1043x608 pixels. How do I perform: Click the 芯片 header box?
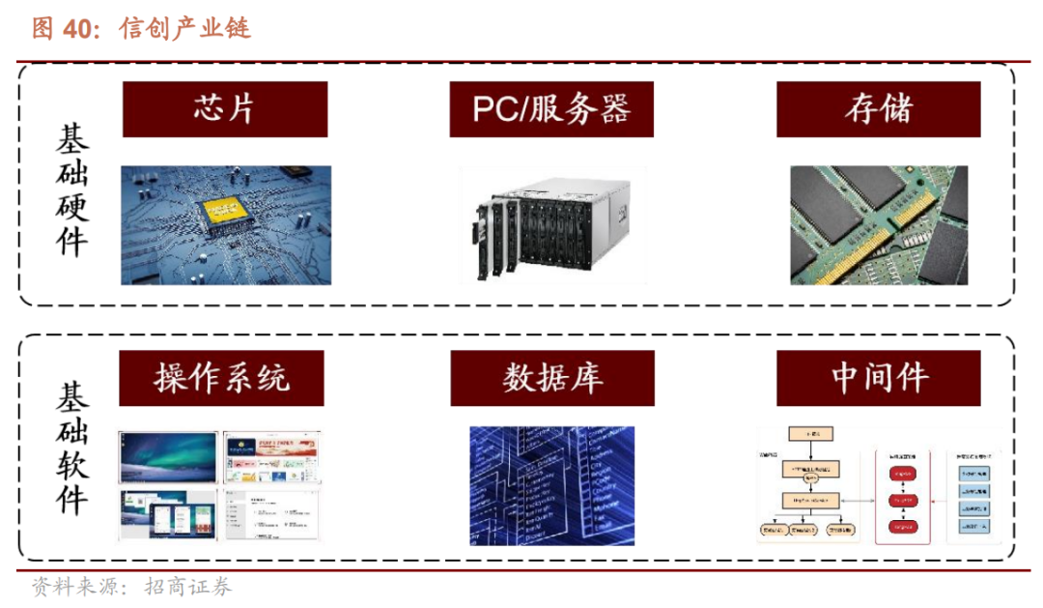click(224, 109)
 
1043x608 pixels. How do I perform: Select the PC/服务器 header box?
click(550, 109)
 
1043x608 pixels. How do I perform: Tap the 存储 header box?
click(878, 109)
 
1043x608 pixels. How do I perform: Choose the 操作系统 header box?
click(221, 377)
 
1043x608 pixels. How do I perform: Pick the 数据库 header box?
click(551, 377)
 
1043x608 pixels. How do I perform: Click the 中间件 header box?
click(878, 377)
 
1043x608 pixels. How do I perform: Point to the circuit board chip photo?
click(226, 225)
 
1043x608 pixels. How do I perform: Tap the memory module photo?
click(878, 225)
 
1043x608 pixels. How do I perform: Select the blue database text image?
click(551, 485)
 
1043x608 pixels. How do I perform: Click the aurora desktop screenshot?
click(168, 456)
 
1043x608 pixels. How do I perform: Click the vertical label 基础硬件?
click(70, 189)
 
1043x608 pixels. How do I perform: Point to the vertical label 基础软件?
click(70, 448)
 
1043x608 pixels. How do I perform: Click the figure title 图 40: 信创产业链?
click(141, 28)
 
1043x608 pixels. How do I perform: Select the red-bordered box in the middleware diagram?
click(902, 495)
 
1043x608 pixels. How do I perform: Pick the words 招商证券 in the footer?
click(188, 587)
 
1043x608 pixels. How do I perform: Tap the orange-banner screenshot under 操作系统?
click(270, 456)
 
